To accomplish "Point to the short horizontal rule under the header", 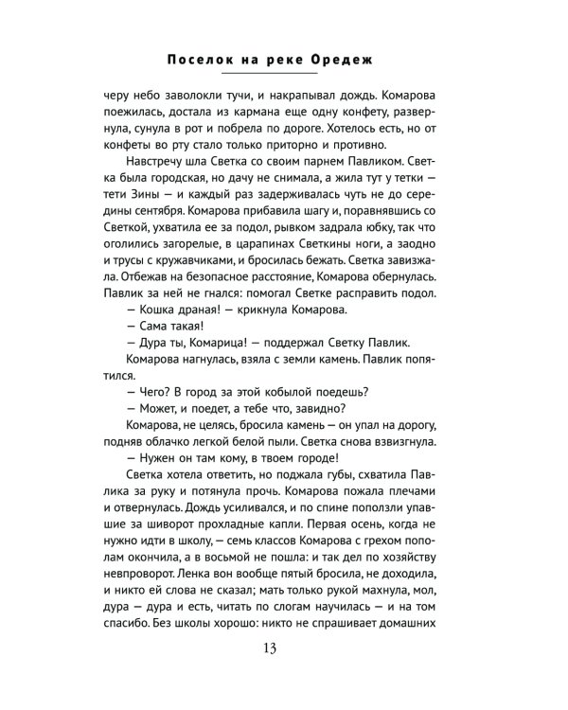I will tap(283, 74).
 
